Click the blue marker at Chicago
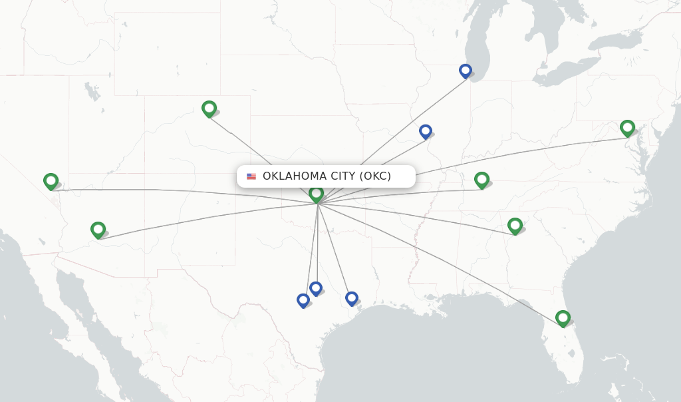(466, 71)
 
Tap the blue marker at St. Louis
(426, 131)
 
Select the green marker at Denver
(209, 108)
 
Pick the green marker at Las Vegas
(51, 181)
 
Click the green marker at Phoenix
(98, 230)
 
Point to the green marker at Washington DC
(627, 127)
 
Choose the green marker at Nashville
(481, 180)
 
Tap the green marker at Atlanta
(515, 226)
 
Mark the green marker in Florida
(563, 318)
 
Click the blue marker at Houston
(352, 298)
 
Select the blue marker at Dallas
(316, 288)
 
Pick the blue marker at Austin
(303, 300)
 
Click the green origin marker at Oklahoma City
(316, 194)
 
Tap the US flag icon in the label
(251, 176)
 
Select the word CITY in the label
(341, 176)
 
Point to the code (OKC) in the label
(376, 176)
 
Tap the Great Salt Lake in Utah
(91, 93)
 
